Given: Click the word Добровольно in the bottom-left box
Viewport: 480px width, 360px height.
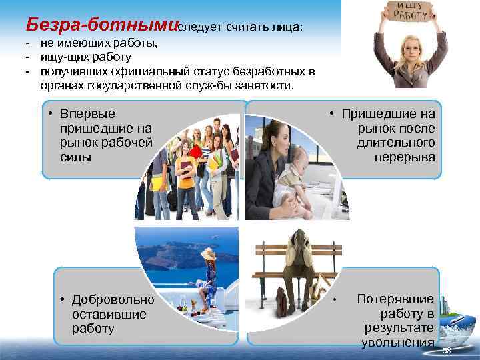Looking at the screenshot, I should tap(113, 299).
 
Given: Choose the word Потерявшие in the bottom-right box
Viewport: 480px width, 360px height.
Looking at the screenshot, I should tap(395, 299).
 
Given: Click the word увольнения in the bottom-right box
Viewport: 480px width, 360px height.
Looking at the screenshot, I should tap(398, 343).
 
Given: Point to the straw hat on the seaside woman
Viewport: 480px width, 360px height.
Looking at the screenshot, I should tap(208, 254).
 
